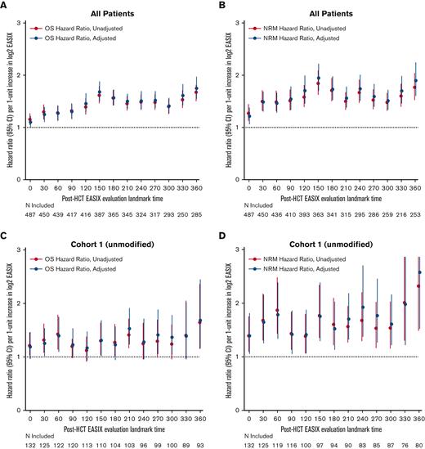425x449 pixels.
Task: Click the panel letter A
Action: click(x=4, y=6)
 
